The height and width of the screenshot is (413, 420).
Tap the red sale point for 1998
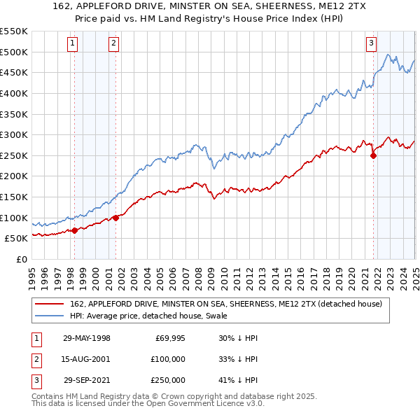[x=75, y=230]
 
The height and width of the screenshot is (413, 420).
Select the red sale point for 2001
[x=115, y=218]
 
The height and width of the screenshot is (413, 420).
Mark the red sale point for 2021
[x=373, y=156]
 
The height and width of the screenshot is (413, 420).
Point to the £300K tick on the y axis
[x=14, y=134]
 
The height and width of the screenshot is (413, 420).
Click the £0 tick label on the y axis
[x=21, y=259]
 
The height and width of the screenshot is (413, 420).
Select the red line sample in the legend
[x=49, y=304]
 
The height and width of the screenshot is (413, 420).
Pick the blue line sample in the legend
[x=49, y=316]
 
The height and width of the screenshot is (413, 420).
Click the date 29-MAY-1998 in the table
[x=87, y=338]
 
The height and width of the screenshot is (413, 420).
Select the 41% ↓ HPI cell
[x=238, y=380]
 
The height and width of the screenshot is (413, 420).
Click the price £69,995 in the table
[x=169, y=338]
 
